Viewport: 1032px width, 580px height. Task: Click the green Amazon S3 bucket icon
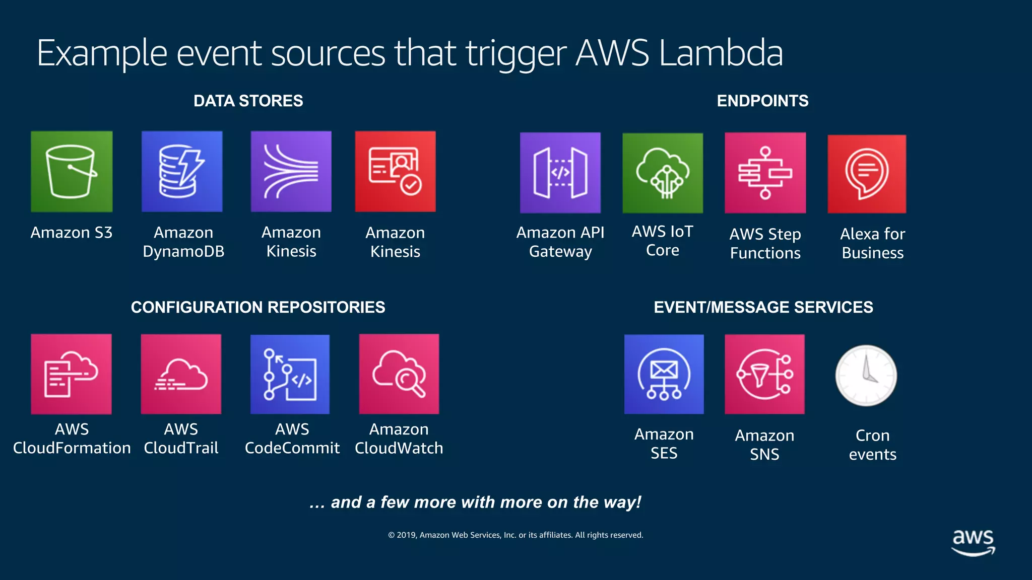pos(72,172)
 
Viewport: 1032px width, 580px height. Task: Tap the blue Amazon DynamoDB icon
pos(182,172)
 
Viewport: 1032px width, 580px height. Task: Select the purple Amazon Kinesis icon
pos(291,172)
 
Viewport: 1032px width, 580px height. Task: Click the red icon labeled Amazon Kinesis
pos(396,172)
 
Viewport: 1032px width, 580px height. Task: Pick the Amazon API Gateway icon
pos(560,173)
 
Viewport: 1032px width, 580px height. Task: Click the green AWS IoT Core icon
pos(663,173)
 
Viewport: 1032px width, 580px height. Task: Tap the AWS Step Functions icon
pos(765,173)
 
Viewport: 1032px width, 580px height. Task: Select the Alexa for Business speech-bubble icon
pos(867,174)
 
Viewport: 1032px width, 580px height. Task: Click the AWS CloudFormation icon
pos(71,374)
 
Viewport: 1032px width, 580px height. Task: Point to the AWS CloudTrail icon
pos(181,374)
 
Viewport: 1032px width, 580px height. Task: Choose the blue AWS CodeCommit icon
pos(290,375)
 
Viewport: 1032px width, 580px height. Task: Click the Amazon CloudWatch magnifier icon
pos(399,374)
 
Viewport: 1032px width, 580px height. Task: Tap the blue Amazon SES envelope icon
pos(664,375)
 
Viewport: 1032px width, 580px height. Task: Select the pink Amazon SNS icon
pos(764,375)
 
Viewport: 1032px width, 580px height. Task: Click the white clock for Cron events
pos(866,376)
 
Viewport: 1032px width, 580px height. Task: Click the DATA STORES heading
pos(248,101)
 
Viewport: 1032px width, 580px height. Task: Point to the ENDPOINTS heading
pos(762,101)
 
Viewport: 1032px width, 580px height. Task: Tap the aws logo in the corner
pos(973,542)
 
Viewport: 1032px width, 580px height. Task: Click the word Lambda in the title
pos(721,53)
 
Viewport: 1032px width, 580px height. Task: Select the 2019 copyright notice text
pos(515,535)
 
